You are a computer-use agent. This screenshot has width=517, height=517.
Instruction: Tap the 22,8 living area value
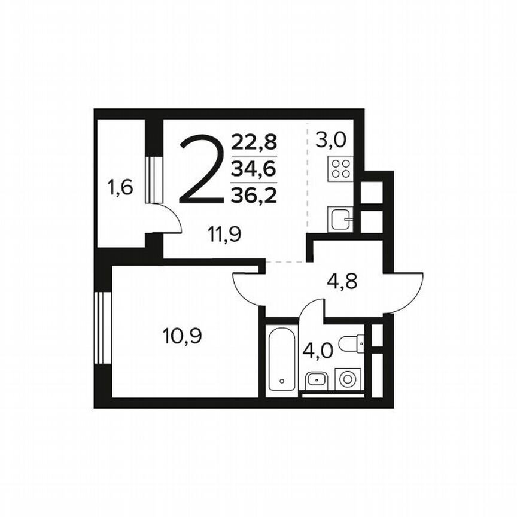click(x=254, y=142)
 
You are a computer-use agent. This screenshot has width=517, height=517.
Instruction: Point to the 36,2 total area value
click(x=254, y=195)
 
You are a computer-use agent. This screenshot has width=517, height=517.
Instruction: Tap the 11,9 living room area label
click(x=224, y=235)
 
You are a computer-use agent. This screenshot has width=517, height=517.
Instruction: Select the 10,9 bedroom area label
click(x=182, y=336)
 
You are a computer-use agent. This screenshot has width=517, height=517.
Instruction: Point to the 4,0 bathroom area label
click(x=317, y=350)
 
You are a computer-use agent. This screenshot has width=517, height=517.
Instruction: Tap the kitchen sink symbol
click(x=340, y=220)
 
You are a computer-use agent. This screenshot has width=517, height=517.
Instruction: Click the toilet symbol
click(x=352, y=343)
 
